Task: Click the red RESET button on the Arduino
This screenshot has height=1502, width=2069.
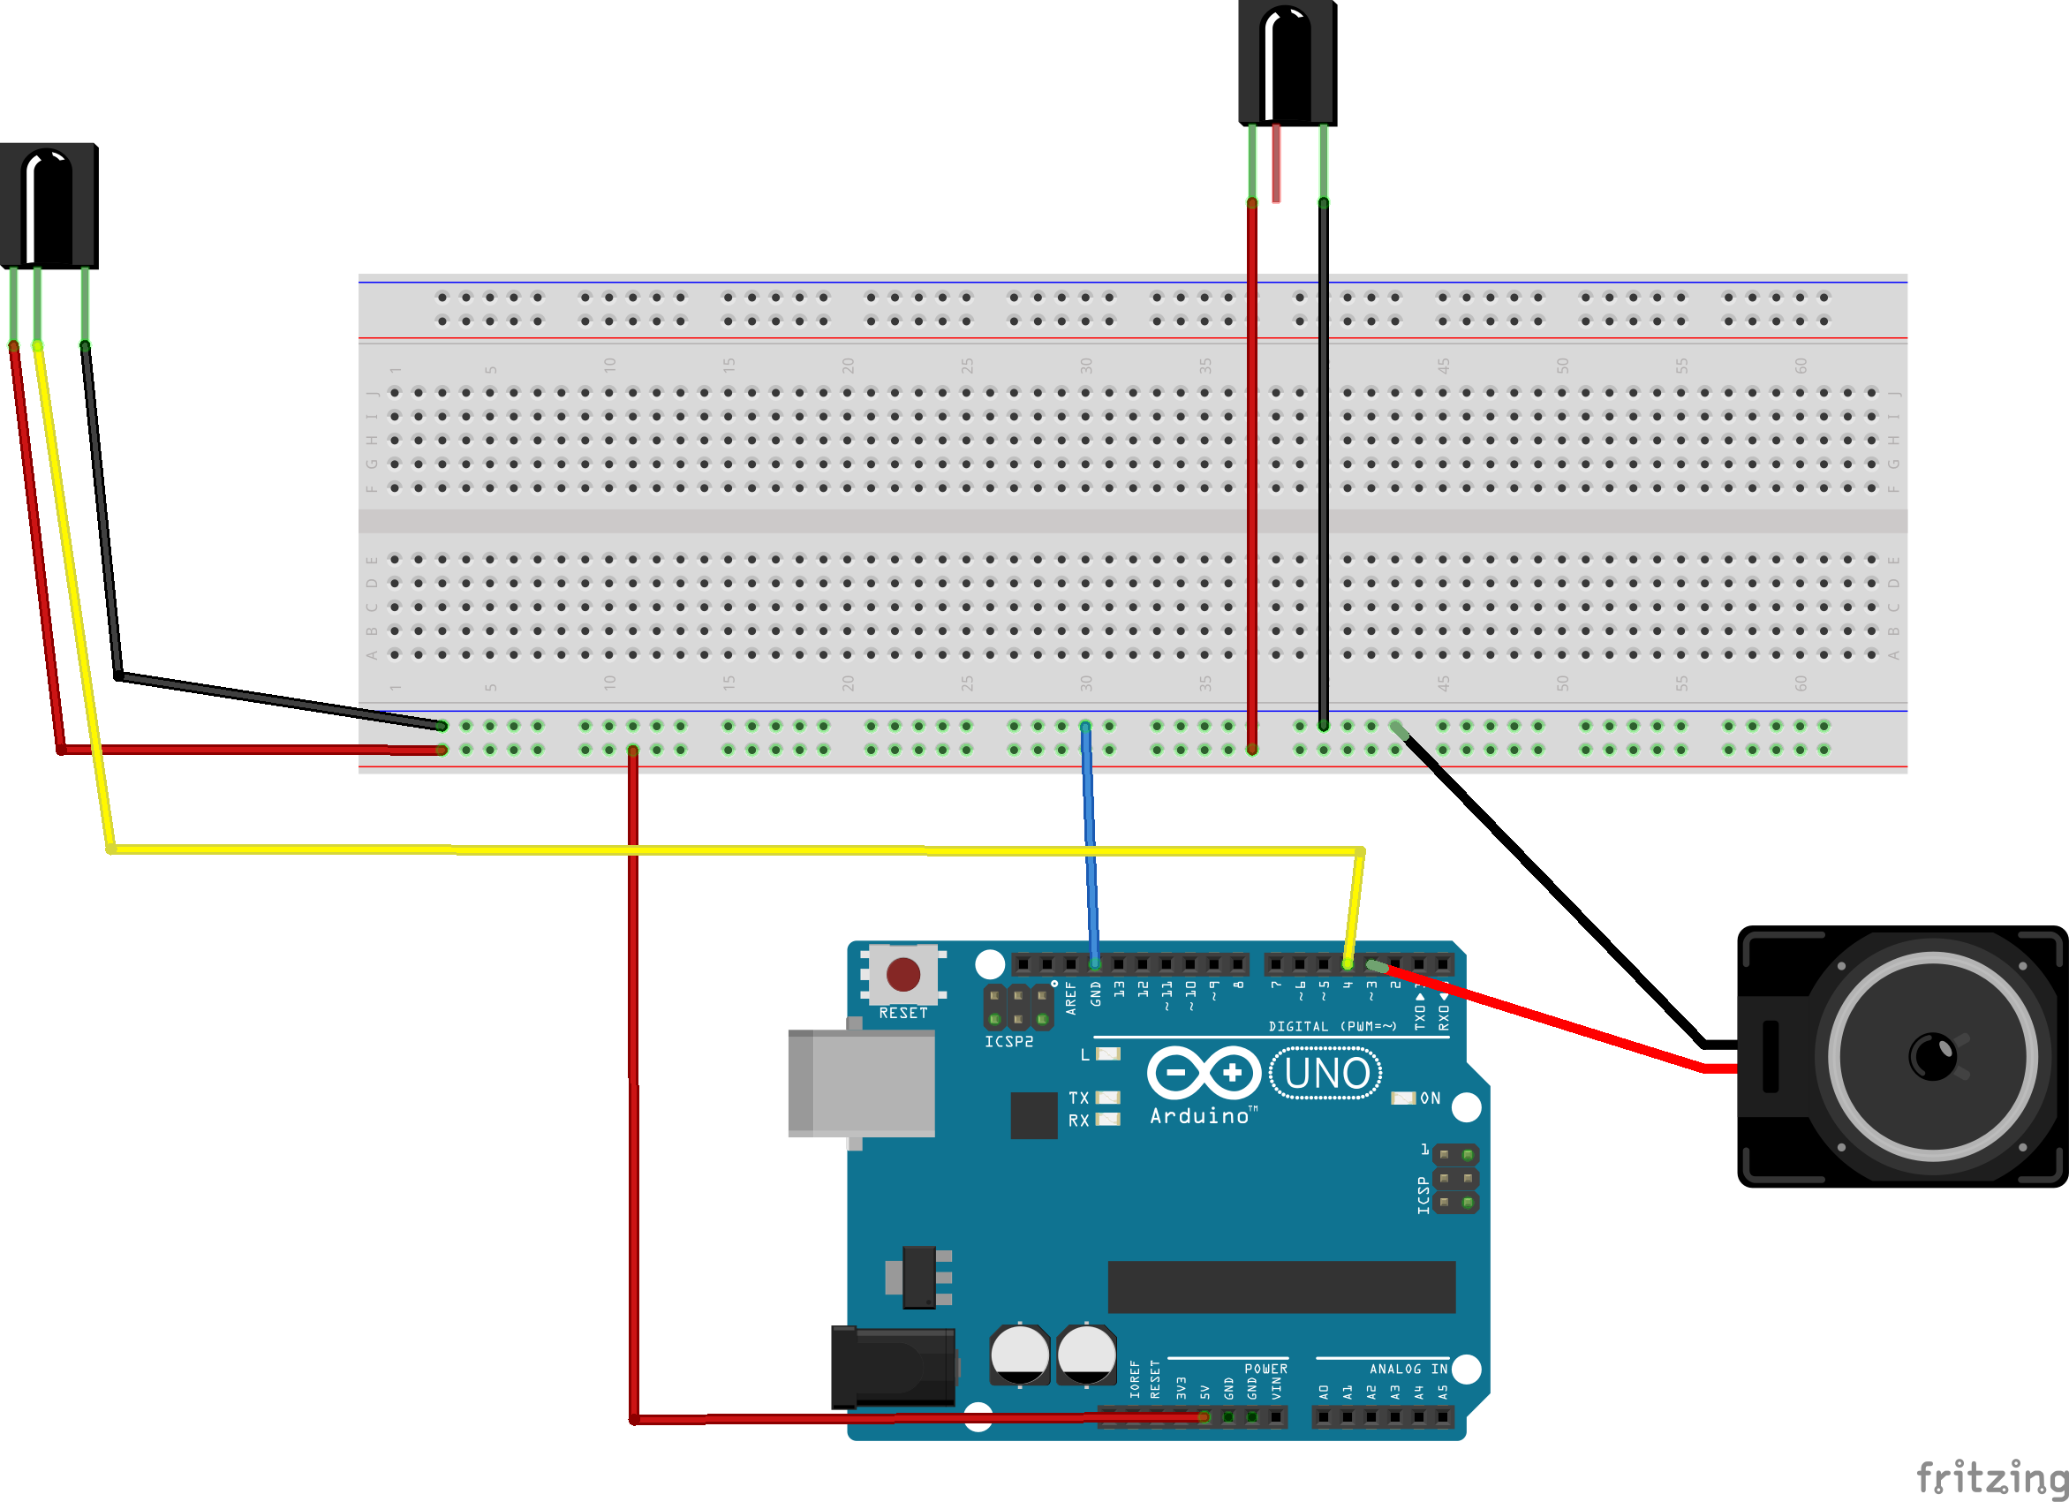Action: [902, 974]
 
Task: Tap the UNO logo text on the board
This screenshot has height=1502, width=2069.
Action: [1325, 1074]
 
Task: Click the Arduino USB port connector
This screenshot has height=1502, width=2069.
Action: [861, 1083]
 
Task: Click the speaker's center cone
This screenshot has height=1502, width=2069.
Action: [1931, 1056]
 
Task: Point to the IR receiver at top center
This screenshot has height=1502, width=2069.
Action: [1287, 64]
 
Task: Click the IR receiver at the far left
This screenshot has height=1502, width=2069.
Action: [49, 206]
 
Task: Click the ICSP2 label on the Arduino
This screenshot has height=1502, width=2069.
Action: [1008, 1041]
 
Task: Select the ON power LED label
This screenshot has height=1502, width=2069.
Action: [1430, 1098]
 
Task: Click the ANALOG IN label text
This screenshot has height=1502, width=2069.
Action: [1408, 1369]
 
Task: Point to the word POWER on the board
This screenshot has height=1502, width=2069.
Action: [1265, 1369]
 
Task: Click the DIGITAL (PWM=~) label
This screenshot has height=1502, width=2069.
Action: [1332, 1026]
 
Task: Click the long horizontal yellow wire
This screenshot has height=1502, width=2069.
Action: [729, 850]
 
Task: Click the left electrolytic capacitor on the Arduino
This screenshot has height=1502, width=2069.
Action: [1019, 1355]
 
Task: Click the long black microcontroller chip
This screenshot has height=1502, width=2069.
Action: [1280, 1287]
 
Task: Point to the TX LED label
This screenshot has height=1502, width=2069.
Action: [1078, 1098]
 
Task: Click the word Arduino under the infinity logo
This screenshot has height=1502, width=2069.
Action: [1198, 1116]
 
